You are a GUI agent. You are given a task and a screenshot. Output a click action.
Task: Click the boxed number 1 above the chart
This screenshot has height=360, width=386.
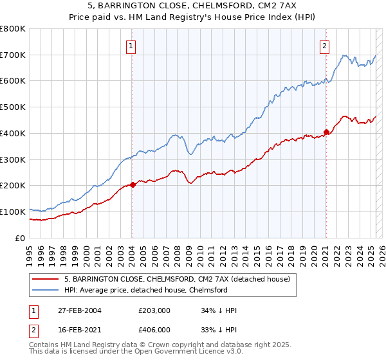(x=131, y=45)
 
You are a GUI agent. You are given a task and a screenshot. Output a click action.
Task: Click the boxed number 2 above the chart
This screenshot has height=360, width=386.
(x=325, y=45)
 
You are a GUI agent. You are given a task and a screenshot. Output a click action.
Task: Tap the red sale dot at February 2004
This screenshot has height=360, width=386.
(x=133, y=184)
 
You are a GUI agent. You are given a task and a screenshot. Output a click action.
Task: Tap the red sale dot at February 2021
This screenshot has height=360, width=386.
(x=326, y=132)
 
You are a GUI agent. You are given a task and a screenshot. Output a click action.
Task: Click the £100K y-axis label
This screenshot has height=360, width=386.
(x=13, y=212)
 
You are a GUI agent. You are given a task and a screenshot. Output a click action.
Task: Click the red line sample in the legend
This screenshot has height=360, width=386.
(x=45, y=279)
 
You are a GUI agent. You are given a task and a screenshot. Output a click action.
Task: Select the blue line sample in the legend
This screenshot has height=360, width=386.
(x=45, y=290)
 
